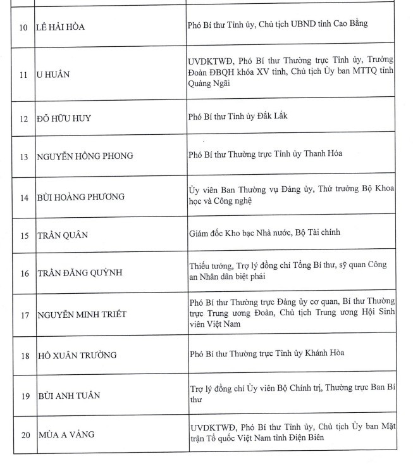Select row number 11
coord(23,75)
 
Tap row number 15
coord(23,236)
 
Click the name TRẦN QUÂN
coord(62,236)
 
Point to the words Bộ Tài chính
coord(317,232)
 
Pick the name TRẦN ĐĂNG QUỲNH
coord(78,274)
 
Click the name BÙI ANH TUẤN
coord(68,396)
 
